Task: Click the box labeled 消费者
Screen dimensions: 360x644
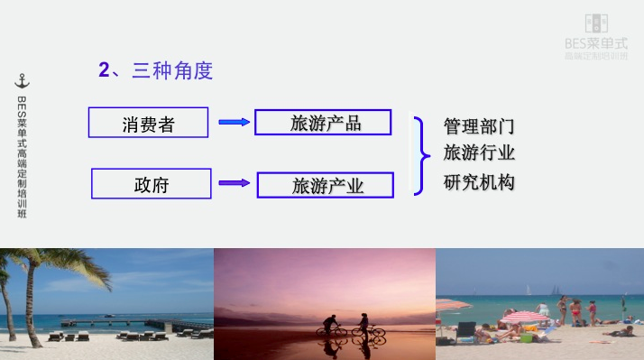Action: [149, 123]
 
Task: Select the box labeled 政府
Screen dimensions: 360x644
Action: [152, 184]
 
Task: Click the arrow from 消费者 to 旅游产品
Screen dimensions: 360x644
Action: [234, 122]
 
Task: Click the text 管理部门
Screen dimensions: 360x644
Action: [478, 125]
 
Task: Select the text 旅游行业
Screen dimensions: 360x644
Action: [478, 152]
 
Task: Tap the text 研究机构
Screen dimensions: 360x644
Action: [478, 181]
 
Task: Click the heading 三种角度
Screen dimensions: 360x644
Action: [172, 70]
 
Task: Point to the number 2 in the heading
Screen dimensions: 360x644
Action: [104, 70]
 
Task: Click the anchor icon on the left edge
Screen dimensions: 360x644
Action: [23, 82]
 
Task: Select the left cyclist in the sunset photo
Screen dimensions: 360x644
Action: [329, 326]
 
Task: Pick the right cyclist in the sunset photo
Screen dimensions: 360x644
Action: [365, 325]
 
